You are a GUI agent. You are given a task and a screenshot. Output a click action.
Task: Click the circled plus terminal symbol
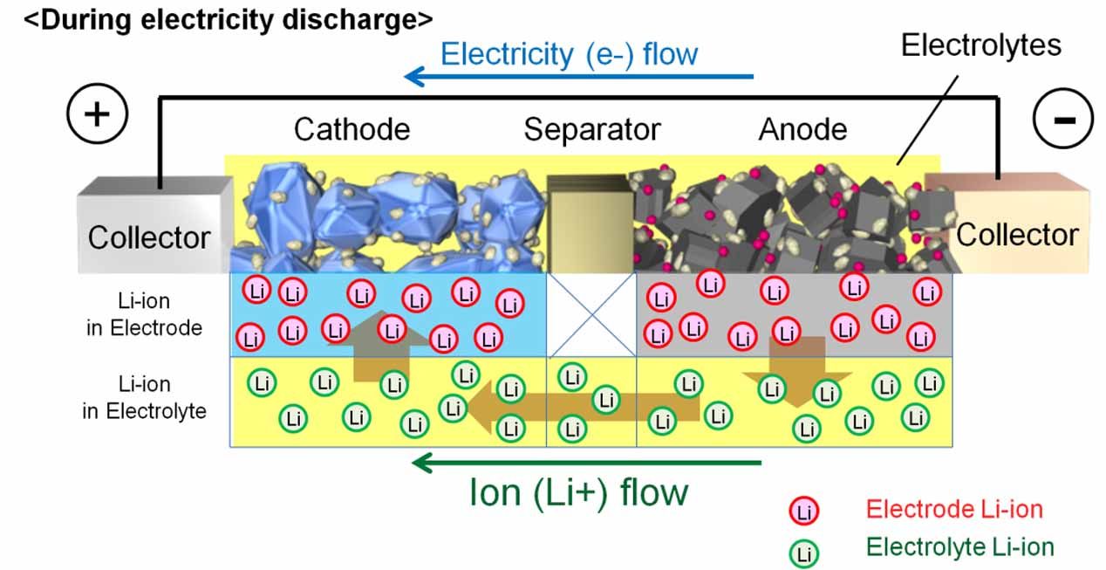click(x=96, y=114)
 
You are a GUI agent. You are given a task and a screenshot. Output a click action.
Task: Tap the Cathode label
click(x=352, y=130)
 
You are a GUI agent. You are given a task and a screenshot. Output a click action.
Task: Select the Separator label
click(x=592, y=130)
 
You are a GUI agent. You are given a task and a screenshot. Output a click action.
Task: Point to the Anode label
click(x=802, y=130)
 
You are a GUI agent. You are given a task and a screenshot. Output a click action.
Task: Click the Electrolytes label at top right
click(x=980, y=45)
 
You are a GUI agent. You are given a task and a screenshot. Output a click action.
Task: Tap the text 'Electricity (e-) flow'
click(x=569, y=54)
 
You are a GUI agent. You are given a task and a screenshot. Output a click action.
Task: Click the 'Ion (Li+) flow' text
click(x=578, y=493)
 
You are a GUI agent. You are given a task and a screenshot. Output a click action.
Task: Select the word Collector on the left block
click(x=149, y=237)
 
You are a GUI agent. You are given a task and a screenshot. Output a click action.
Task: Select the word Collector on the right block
click(x=1017, y=235)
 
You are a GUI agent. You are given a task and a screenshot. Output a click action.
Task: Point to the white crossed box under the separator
click(x=591, y=314)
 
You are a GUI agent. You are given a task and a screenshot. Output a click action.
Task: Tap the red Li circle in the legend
click(x=803, y=512)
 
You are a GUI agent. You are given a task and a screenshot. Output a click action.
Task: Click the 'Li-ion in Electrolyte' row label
click(x=144, y=397)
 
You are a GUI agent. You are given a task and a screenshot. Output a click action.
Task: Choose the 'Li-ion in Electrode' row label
click(x=144, y=315)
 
